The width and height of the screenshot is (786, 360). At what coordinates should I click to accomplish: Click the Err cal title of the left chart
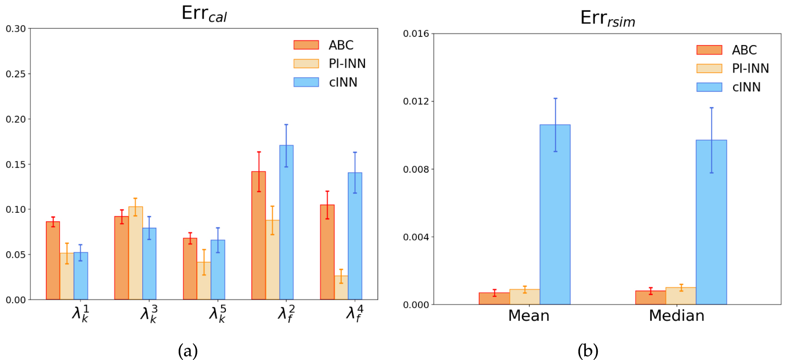click(204, 14)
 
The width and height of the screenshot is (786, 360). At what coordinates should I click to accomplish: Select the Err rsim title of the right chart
click(607, 19)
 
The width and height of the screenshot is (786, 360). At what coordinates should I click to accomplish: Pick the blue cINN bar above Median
click(711, 222)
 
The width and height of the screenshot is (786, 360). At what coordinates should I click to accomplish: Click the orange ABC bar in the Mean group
click(494, 299)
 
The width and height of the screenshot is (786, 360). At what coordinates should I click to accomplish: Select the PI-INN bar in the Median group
click(681, 296)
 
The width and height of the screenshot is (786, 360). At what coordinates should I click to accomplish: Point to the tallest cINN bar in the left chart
click(286, 222)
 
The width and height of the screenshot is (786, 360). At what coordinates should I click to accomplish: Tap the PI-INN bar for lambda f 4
click(341, 288)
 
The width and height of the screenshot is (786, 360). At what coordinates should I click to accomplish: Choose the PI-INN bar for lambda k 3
click(135, 253)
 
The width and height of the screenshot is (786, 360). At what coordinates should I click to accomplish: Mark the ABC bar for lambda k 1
click(53, 260)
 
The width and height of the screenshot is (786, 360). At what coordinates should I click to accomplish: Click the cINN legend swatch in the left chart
click(306, 82)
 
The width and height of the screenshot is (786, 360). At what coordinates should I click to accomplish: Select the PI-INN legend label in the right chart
click(750, 69)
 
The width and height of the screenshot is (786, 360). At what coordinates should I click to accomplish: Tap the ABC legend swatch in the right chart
click(709, 50)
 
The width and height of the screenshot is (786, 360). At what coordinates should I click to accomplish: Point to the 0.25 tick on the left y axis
click(15, 74)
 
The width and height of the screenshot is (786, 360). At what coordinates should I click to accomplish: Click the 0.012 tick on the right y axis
click(416, 101)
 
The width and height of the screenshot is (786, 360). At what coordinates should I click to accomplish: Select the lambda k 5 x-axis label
click(217, 314)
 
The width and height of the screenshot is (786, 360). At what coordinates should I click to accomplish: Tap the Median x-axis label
click(676, 315)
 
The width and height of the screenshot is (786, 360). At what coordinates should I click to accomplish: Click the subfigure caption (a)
click(188, 351)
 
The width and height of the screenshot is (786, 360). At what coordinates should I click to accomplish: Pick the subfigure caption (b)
click(587, 351)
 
